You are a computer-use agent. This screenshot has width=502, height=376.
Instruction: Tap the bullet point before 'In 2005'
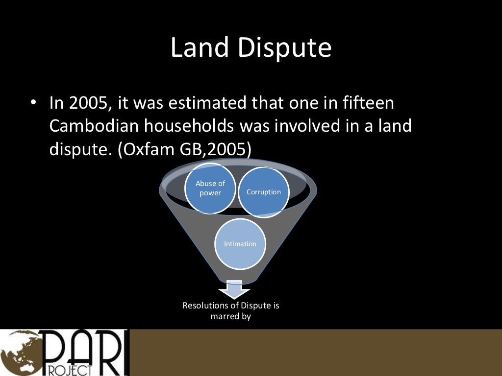[x=33, y=103]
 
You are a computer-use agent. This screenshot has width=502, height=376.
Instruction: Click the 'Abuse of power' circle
[x=210, y=188]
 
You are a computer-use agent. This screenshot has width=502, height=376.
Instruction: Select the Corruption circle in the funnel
[x=264, y=192]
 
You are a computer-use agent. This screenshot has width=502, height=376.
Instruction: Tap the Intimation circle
[x=240, y=244]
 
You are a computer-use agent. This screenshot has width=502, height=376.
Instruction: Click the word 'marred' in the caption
[x=224, y=316]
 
